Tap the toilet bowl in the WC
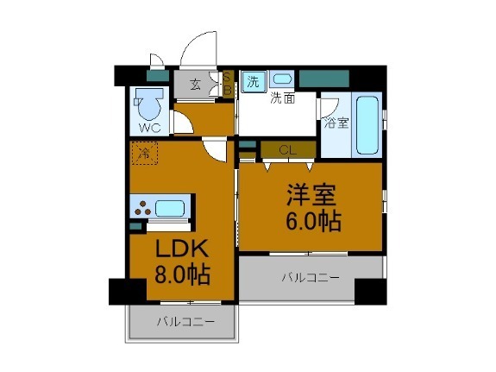pyautogui.click(x=151, y=106)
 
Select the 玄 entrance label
pyautogui.click(x=195, y=85)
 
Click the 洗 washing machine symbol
pyautogui.click(x=253, y=82)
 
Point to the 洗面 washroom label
pyautogui.click(x=282, y=98)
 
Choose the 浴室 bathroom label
pyautogui.click(x=336, y=123)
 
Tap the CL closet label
pyautogui.click(x=288, y=150)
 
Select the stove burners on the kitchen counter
pyautogui.click(x=142, y=208)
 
